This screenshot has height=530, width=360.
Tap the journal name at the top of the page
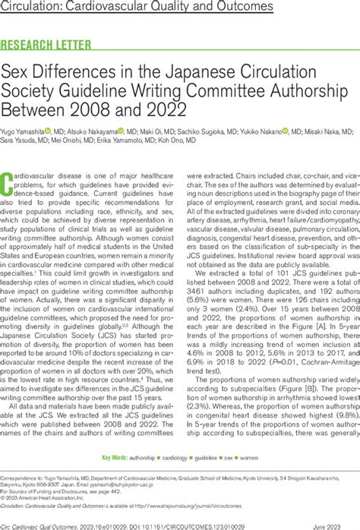[137, 8]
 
